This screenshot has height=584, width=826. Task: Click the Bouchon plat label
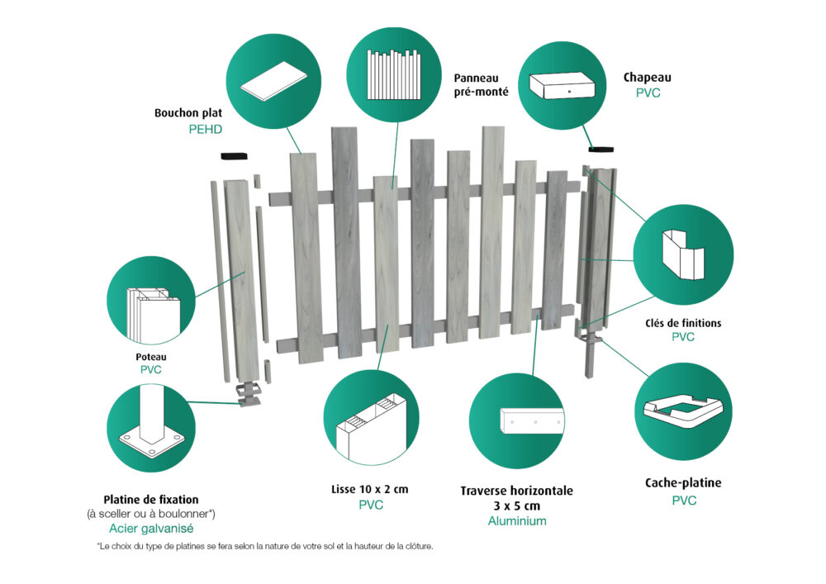(x=188, y=112)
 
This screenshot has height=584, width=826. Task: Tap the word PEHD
(x=205, y=130)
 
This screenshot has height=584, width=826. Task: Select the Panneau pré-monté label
(x=481, y=85)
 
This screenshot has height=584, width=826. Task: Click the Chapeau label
(x=647, y=78)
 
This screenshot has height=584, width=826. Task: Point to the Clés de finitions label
(x=683, y=323)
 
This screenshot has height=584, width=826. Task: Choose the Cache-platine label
(x=683, y=483)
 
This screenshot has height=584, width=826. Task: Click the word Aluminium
(x=517, y=521)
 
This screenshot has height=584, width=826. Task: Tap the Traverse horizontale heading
(x=517, y=491)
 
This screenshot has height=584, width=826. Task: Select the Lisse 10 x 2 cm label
(x=370, y=489)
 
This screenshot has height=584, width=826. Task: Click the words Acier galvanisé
(x=151, y=529)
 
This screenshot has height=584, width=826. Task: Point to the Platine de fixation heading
(x=151, y=500)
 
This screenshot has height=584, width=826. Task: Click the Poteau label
(x=150, y=357)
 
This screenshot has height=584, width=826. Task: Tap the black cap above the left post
(x=234, y=156)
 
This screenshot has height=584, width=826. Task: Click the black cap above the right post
(x=601, y=149)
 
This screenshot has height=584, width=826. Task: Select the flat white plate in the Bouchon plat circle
(x=273, y=80)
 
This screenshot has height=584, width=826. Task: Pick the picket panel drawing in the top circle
(x=393, y=74)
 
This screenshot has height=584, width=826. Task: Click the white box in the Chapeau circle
(x=562, y=85)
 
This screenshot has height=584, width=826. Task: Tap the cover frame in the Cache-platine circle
(x=683, y=411)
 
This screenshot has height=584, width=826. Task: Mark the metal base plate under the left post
(x=248, y=394)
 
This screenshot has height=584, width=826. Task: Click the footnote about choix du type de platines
(x=265, y=547)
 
